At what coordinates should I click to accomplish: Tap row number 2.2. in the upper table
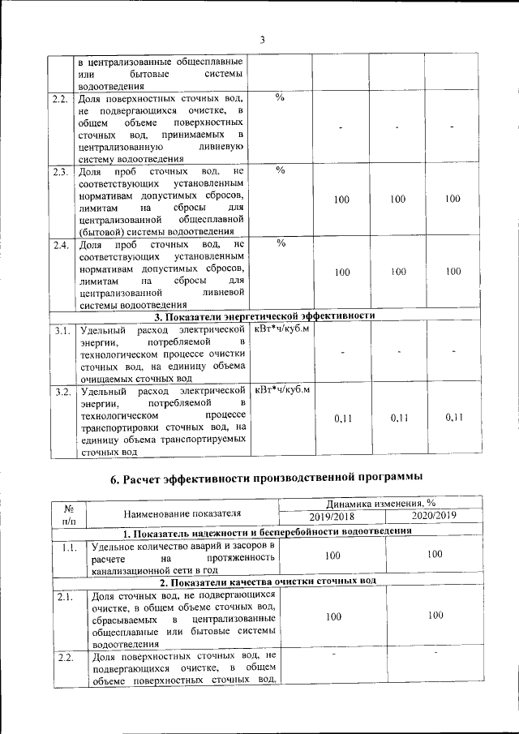[60, 99]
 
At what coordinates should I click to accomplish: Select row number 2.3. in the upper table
[60, 172]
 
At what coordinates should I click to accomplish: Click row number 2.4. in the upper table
[60, 244]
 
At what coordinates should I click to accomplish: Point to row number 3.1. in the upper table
[60, 330]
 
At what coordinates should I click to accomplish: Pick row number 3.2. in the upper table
[60, 392]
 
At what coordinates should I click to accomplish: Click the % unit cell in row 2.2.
[280, 98]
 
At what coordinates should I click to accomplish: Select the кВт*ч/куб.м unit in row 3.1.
[281, 329]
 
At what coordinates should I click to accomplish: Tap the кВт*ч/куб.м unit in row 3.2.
[281, 391]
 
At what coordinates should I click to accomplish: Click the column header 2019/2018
[332, 517]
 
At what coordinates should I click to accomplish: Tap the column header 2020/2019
[435, 517]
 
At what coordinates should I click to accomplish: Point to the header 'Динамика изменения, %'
[383, 504]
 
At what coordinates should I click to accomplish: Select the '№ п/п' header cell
[69, 511]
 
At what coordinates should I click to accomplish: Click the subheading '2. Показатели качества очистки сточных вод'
[267, 582]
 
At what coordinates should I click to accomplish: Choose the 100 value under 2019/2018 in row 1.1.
[332, 556]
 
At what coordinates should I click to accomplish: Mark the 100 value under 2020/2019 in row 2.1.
[435, 616]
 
